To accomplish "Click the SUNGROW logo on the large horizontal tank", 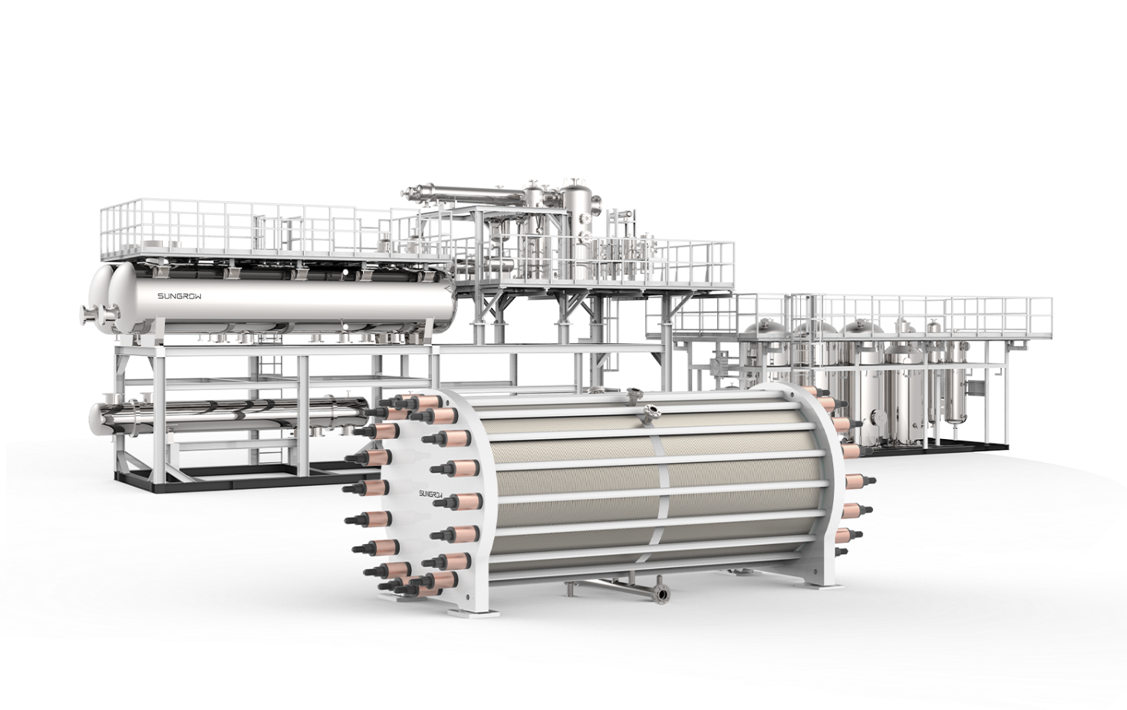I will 180,296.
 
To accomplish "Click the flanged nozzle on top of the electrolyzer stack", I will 652,409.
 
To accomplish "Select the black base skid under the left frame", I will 230,485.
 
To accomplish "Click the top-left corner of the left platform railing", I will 103,206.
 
